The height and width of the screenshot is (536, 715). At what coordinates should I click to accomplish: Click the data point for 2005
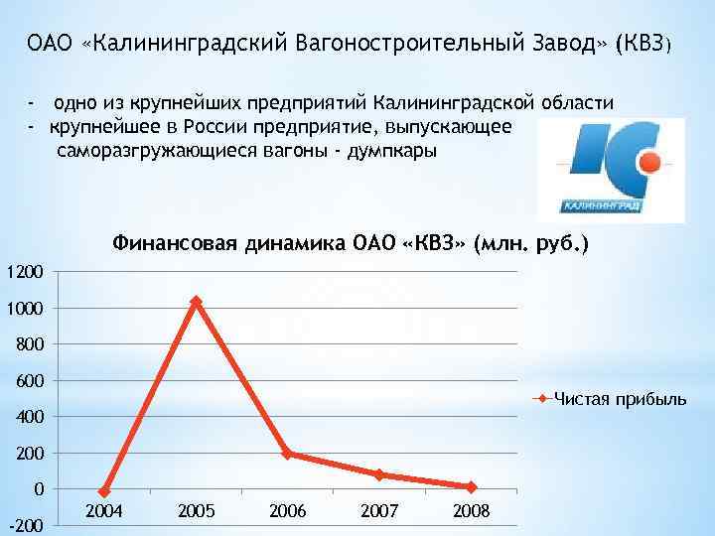tap(196, 301)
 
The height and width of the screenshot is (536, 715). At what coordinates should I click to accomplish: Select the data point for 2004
tap(104, 492)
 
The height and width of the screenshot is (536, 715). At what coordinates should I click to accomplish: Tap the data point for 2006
tap(287, 454)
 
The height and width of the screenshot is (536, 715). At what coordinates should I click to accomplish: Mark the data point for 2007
tap(379, 474)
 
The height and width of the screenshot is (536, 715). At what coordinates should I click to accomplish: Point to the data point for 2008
tap(472, 487)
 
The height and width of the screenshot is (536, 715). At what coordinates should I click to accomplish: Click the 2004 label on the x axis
tap(104, 511)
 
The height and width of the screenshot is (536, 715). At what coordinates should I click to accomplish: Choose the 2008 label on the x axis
tap(471, 511)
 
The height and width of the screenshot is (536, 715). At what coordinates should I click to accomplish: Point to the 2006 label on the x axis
tap(288, 511)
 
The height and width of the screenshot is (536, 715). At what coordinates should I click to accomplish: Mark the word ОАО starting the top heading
tap(46, 44)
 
